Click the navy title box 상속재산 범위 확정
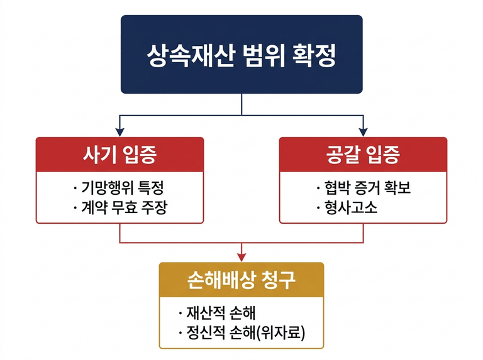coord(241,54)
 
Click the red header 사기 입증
coord(119,154)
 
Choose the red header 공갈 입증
coord(363,154)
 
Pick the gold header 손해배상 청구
coord(241,280)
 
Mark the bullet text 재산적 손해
coord(220,313)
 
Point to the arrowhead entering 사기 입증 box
coord(119,133)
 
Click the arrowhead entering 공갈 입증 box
coord(363,133)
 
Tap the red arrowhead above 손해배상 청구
coord(241,257)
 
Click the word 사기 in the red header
coord(98,154)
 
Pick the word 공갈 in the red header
coord(342,154)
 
